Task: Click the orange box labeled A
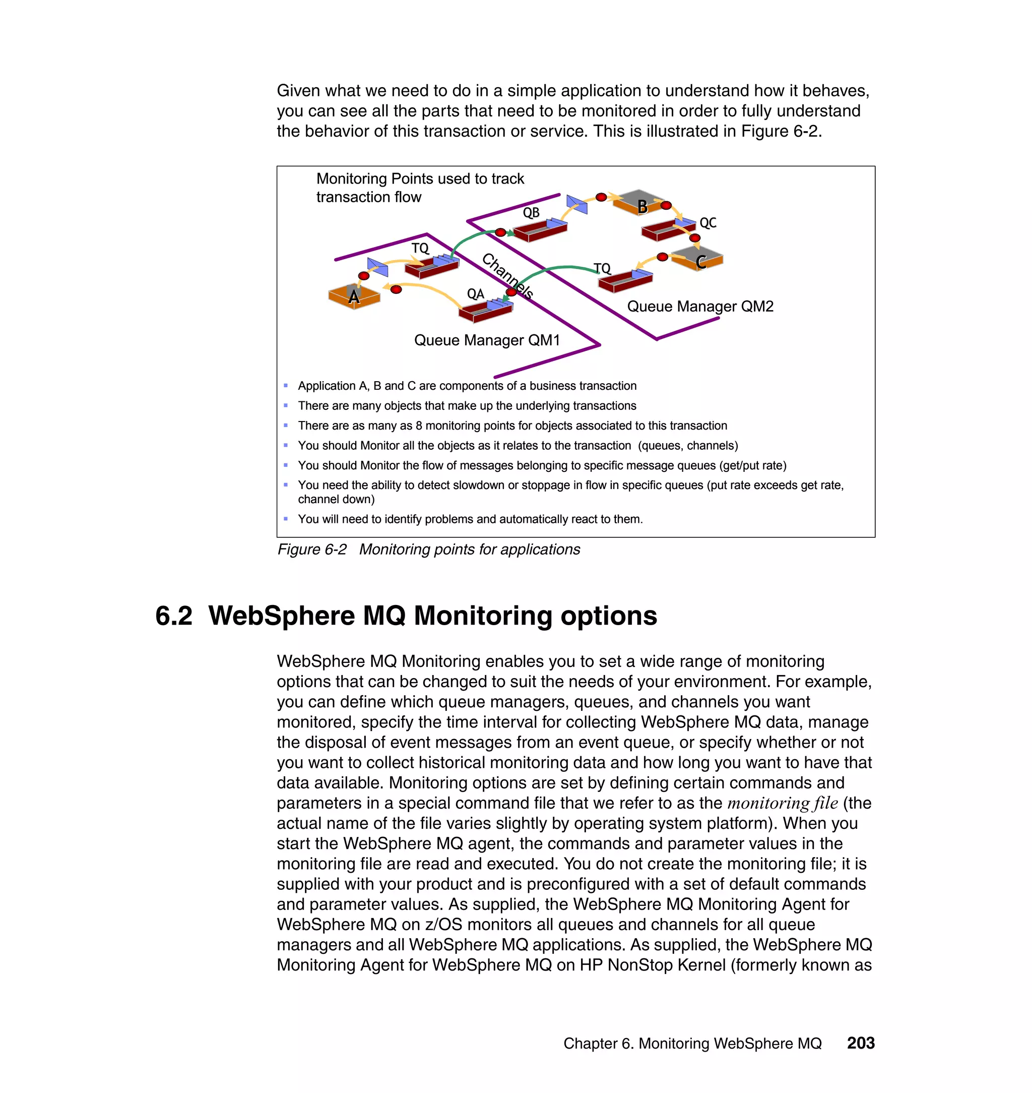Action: pyautogui.click(x=354, y=296)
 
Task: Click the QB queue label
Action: pyautogui.click(x=531, y=212)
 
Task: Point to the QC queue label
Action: pyautogui.click(x=707, y=222)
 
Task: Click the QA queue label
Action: pyautogui.click(x=475, y=294)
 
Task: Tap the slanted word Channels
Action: pyautogui.click(x=507, y=275)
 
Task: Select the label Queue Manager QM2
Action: pyautogui.click(x=700, y=306)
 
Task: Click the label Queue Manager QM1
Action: pyautogui.click(x=487, y=340)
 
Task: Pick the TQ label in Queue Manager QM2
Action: pyautogui.click(x=602, y=268)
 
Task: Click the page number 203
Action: pyautogui.click(x=860, y=1043)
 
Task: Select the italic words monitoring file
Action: pyautogui.click(x=782, y=803)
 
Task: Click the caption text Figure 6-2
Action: pyautogui.click(x=312, y=549)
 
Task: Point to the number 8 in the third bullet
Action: pyautogui.click(x=419, y=426)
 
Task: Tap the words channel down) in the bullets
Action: pyautogui.click(x=336, y=499)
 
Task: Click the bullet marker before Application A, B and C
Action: pyautogui.click(x=286, y=385)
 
